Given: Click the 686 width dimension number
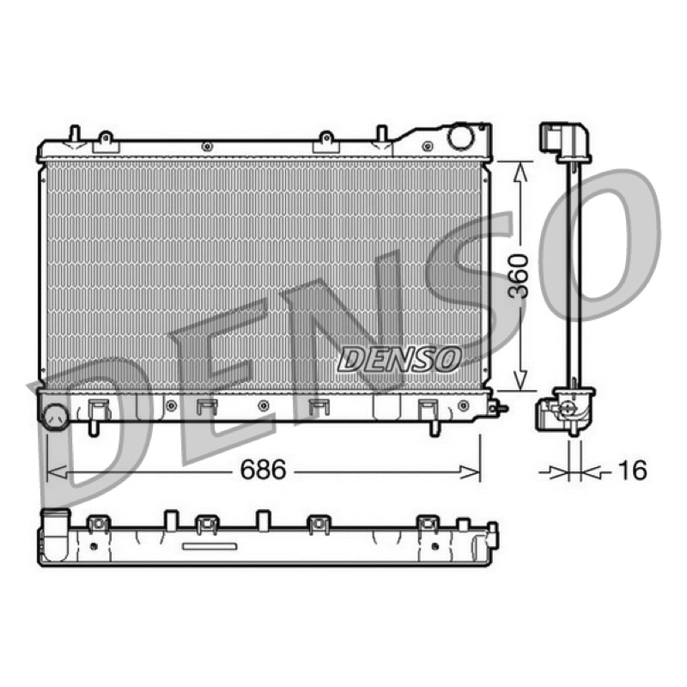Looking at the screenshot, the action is pos(263,469).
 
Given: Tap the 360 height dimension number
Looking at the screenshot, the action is pos(520,276).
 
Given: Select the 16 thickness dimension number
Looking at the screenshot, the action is pos(632,470).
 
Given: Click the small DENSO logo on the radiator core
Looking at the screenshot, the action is pos(399,359).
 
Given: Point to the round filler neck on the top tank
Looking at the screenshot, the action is pos(460,137).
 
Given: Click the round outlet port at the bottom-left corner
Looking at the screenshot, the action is pos(56,416).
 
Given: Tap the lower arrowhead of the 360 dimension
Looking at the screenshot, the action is pos(520,379).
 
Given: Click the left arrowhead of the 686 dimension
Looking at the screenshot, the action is pos(57,472).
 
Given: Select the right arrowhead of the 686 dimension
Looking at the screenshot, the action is pos(470,472).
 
